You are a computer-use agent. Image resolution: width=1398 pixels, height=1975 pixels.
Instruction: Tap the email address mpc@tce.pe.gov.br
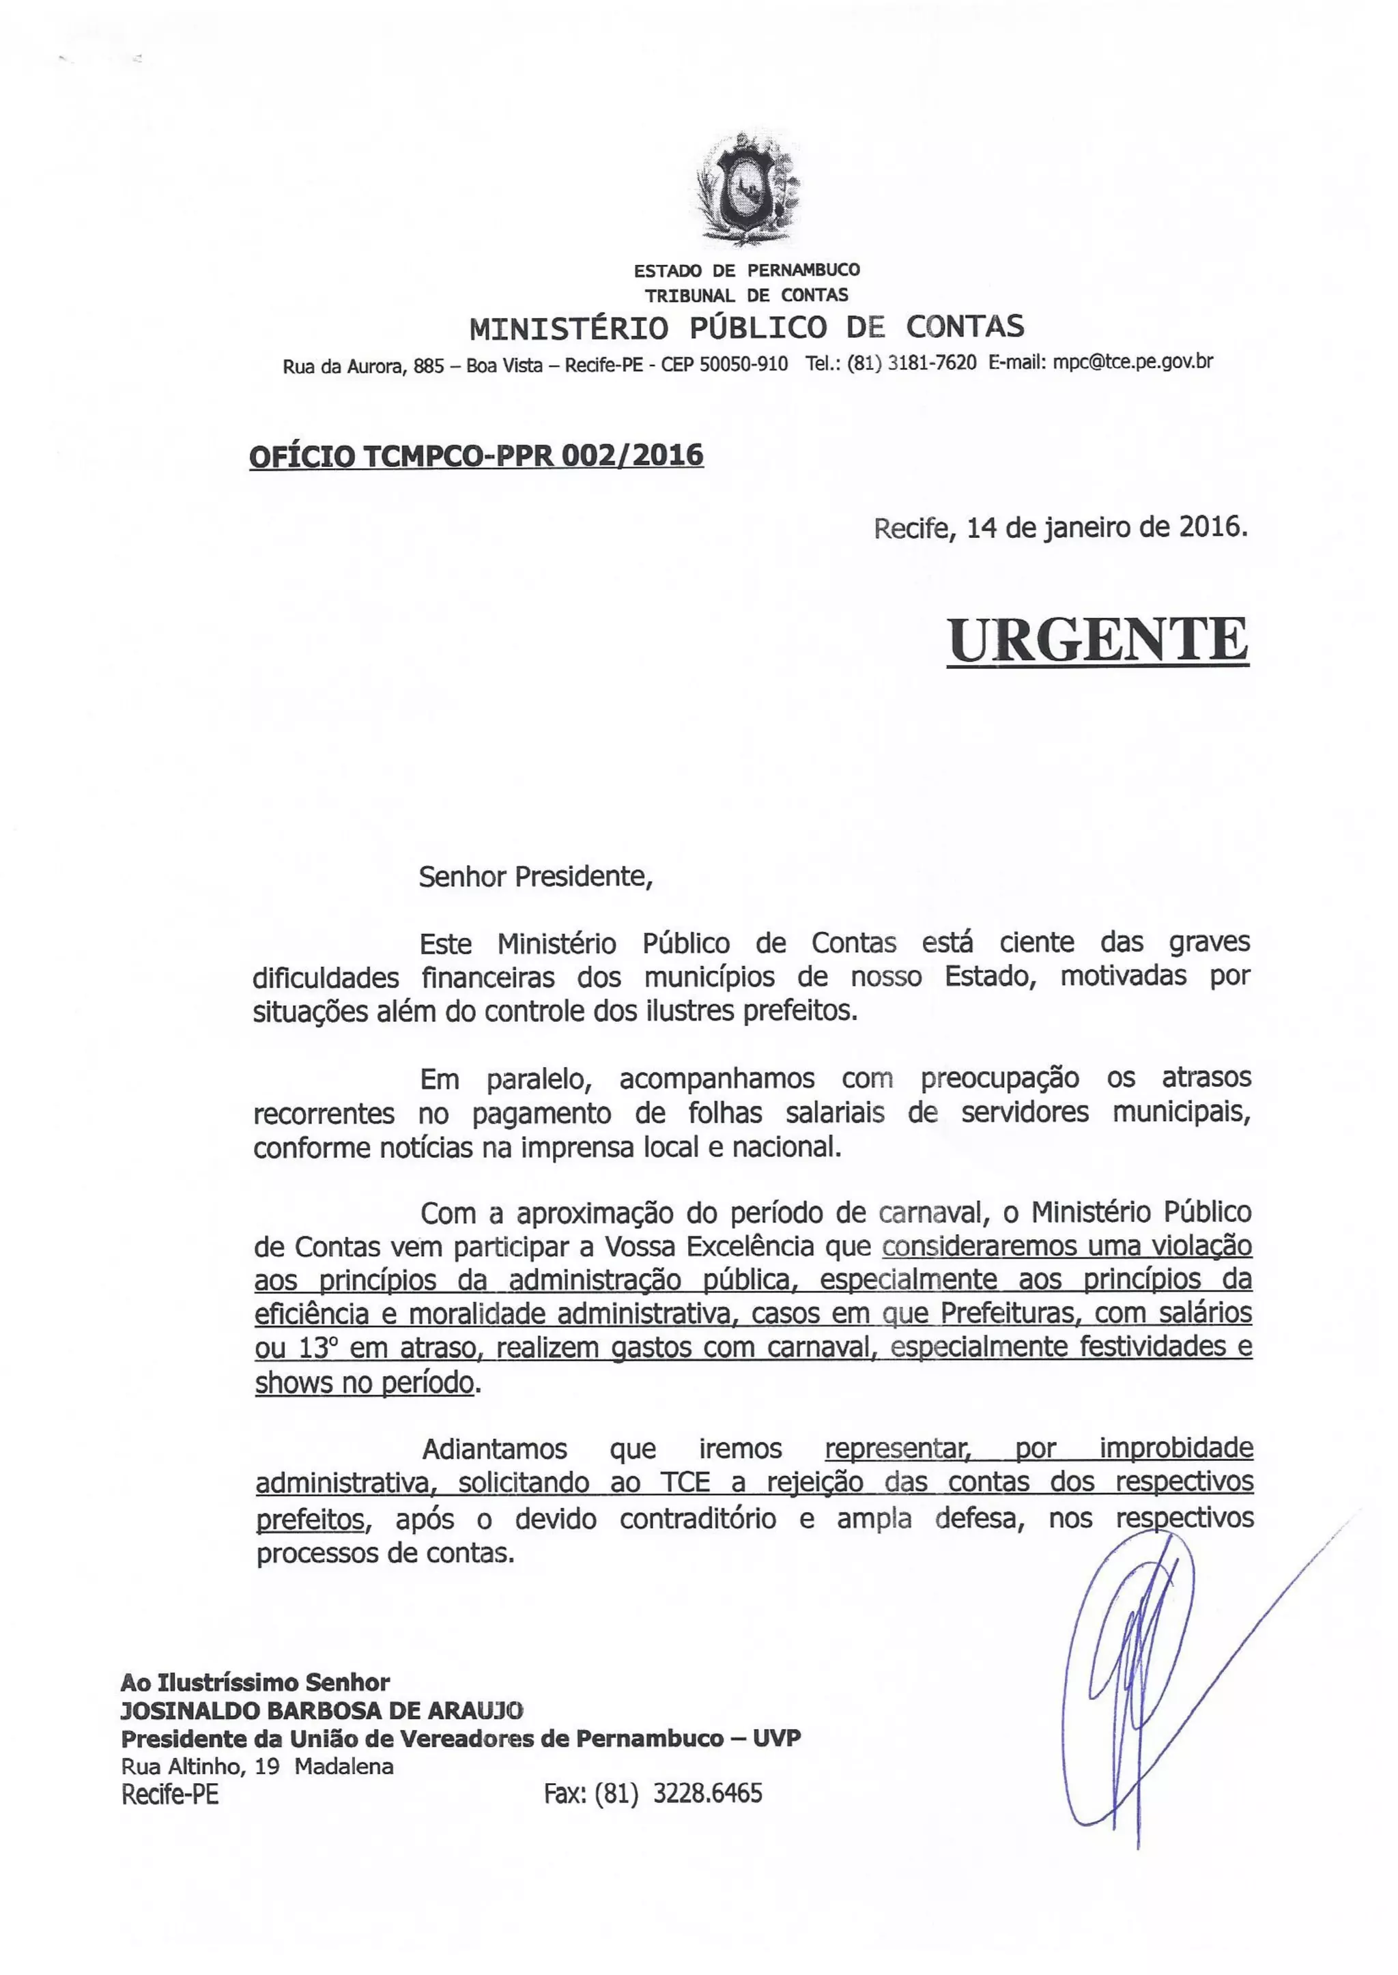[x=1133, y=362]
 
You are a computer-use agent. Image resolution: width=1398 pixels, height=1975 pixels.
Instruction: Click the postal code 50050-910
[x=743, y=363]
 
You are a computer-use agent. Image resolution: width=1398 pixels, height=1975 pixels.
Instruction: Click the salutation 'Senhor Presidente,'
[x=535, y=877]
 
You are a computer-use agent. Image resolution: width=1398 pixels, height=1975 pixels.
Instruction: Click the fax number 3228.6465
[x=708, y=1793]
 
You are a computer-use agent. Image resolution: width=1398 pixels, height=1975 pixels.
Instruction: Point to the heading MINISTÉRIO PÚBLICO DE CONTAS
[x=746, y=327]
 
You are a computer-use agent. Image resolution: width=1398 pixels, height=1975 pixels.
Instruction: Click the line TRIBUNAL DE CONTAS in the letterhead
[x=746, y=296]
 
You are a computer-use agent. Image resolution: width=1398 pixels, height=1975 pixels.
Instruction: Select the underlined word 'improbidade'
[x=1175, y=1448]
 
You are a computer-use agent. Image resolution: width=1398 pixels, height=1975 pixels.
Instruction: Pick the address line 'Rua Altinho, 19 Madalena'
[x=257, y=1767]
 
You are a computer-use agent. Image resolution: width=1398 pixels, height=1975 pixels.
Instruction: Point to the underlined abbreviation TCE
[x=685, y=1483]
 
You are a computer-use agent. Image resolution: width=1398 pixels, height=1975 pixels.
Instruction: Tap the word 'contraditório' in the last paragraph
[x=697, y=1518]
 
